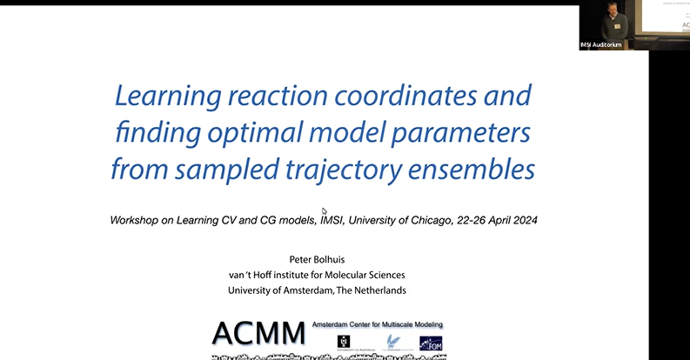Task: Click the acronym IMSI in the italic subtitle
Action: pos(298,220)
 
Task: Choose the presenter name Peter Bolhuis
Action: pos(322,260)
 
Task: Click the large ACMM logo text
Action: pos(258,332)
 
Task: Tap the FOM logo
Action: pos(431,343)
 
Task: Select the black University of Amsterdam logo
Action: pos(343,343)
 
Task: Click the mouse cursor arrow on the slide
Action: pos(324,210)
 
